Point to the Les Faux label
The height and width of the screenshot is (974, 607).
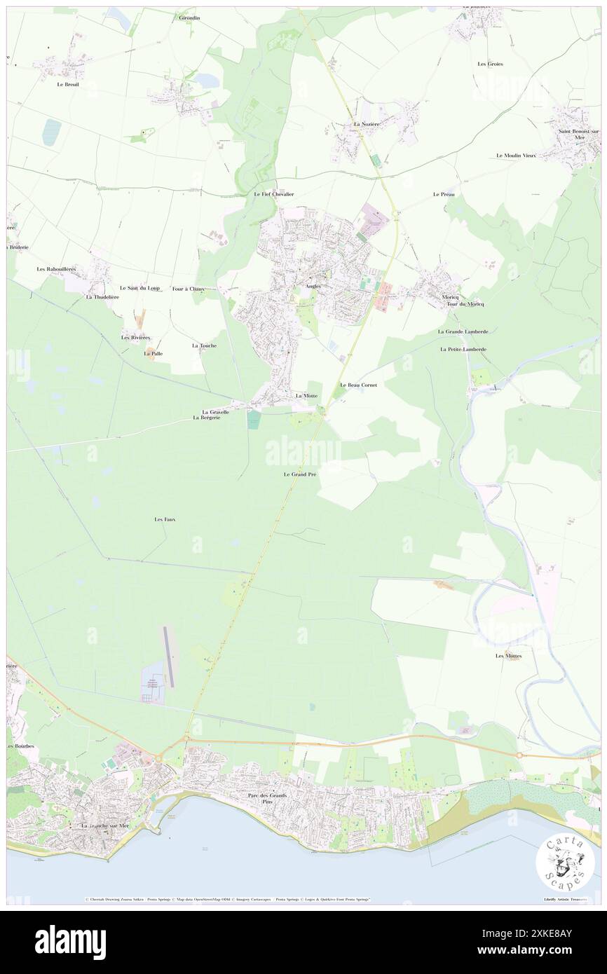click(164, 519)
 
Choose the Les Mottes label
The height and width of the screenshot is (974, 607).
click(508, 656)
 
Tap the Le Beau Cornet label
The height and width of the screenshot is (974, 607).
click(358, 385)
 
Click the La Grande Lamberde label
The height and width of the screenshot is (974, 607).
click(463, 331)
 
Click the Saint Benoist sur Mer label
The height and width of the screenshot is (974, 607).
click(578, 134)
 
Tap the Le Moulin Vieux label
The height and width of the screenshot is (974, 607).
click(516, 156)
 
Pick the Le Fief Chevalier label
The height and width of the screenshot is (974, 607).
click(273, 194)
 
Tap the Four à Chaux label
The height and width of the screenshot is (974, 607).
click(188, 288)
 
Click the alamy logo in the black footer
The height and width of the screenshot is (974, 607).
click(70, 942)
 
